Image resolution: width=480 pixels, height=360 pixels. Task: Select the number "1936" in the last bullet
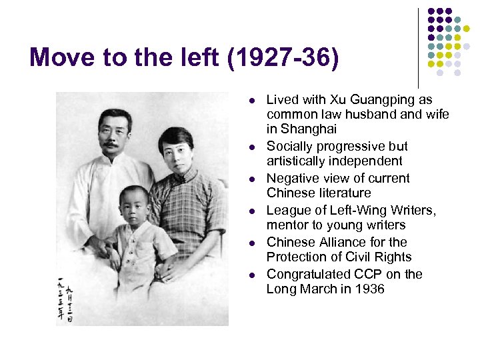point(370,289)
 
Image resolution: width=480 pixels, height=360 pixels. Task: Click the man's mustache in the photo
point(112,143)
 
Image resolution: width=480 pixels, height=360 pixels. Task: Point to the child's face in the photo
point(135,205)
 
